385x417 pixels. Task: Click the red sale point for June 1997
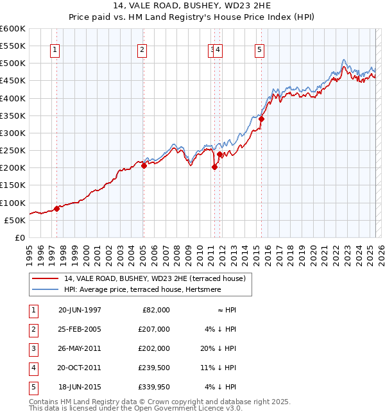coord(56,208)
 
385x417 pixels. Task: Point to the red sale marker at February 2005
coord(144,166)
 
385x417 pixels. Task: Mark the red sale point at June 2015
coord(261,119)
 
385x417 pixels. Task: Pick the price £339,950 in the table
coord(154,387)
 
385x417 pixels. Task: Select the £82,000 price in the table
coord(156,310)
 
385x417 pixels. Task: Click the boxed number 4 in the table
coord(32,368)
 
